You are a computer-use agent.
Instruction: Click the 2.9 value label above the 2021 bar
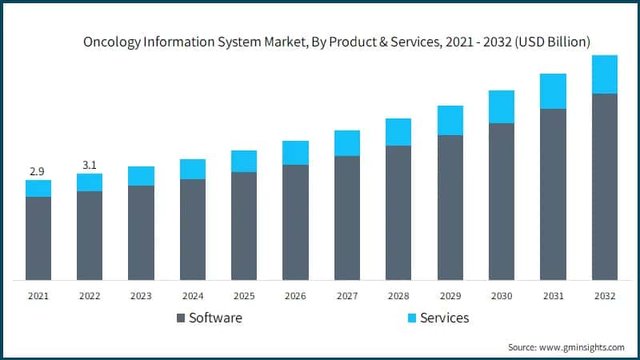(38, 171)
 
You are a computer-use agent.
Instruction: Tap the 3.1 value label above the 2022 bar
(90, 166)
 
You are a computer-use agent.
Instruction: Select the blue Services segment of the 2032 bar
(604, 74)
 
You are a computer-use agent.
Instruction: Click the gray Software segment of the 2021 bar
(38, 238)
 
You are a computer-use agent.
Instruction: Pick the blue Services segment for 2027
(347, 143)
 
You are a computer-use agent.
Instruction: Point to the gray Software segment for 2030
(502, 202)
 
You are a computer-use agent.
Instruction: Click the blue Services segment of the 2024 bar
(193, 169)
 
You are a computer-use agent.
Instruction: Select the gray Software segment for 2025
(244, 226)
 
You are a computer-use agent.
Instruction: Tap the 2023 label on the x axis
(141, 296)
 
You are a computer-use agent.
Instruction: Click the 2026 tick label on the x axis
(295, 296)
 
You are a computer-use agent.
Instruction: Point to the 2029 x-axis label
(450, 296)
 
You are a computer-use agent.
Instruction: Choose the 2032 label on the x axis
(604, 296)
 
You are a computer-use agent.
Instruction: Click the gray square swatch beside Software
(181, 318)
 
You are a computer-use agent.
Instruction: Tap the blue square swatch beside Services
(412, 318)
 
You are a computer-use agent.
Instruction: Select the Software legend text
(216, 318)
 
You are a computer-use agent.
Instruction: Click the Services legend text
(445, 318)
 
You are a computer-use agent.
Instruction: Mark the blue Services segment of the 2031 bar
(553, 91)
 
